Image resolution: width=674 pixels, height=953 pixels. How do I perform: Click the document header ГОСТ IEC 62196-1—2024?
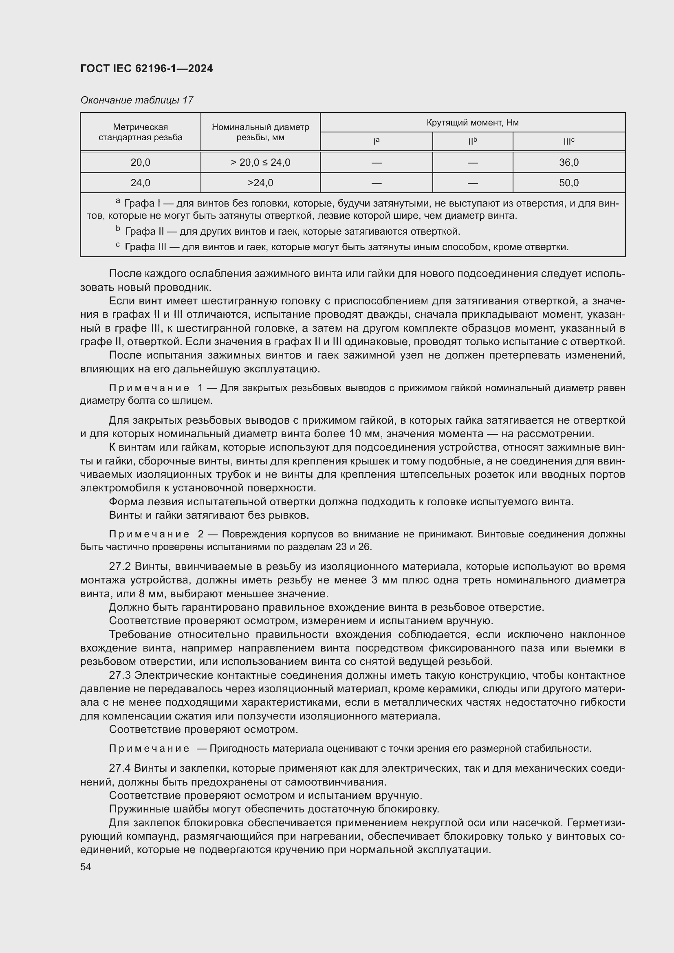pyautogui.click(x=147, y=68)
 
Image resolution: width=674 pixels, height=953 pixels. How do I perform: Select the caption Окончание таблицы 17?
pyautogui.click(x=137, y=100)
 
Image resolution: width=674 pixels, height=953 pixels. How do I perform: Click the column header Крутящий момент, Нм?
pyautogui.click(x=472, y=123)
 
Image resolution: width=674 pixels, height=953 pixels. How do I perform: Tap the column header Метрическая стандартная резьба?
pyautogui.click(x=140, y=132)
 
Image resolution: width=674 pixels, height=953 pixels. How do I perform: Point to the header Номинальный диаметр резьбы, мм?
pyautogui.click(x=260, y=132)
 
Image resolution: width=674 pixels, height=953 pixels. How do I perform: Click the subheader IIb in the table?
pyautogui.click(x=472, y=141)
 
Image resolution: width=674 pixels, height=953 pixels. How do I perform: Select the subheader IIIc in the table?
pyautogui.click(x=568, y=141)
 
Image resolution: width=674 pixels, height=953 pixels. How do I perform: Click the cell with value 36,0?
pyautogui.click(x=568, y=162)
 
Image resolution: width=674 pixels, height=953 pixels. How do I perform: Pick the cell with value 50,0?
pyautogui.click(x=568, y=183)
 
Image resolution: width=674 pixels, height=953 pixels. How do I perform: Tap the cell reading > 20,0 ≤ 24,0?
pyautogui.click(x=260, y=162)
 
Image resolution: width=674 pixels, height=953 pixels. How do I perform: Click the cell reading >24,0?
pyautogui.click(x=260, y=183)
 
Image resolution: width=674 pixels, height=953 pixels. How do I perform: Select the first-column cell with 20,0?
pyautogui.click(x=140, y=162)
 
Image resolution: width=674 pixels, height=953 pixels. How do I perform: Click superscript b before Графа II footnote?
pyautogui.click(x=118, y=229)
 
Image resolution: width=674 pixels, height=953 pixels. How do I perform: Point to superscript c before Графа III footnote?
pyautogui.click(x=118, y=245)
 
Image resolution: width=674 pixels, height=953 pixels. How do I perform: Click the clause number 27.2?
pyautogui.click(x=120, y=567)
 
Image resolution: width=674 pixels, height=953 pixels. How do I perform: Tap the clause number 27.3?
pyautogui.click(x=120, y=675)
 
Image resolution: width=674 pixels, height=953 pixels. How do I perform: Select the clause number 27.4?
pyautogui.click(x=120, y=768)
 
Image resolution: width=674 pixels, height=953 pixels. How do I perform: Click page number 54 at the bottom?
pyautogui.click(x=86, y=867)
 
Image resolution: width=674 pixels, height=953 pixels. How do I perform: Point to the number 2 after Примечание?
pyautogui.click(x=200, y=534)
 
